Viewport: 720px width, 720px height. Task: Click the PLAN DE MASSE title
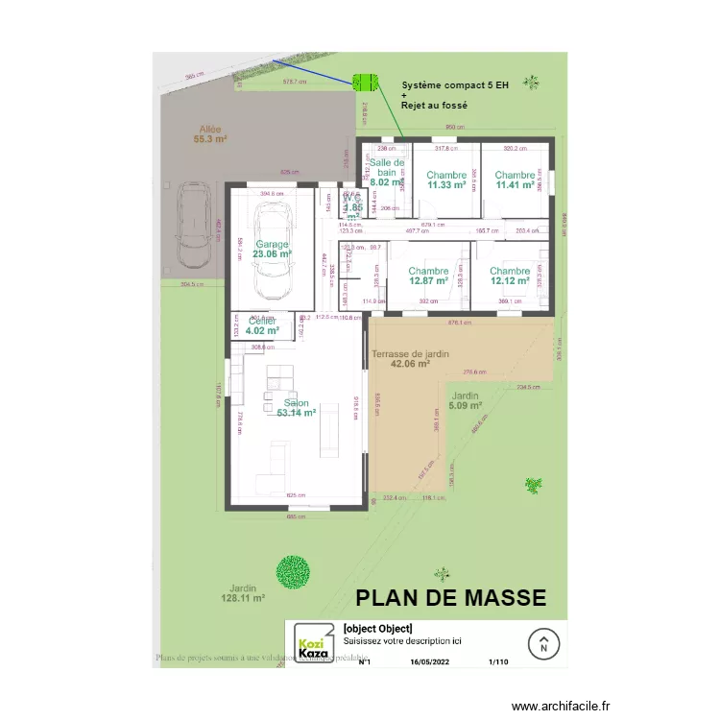pyautogui.click(x=450, y=598)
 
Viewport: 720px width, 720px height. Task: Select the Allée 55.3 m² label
pyautogui.click(x=210, y=133)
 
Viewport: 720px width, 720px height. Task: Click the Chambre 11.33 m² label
pyautogui.click(x=446, y=180)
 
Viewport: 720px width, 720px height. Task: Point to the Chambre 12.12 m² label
pyautogui.click(x=510, y=276)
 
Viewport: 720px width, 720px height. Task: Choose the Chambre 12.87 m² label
pyautogui.click(x=428, y=276)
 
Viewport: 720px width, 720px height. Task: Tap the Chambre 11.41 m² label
pyautogui.click(x=515, y=180)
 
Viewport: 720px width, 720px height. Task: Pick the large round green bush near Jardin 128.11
pyautogui.click(x=293, y=573)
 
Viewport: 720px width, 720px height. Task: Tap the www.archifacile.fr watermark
pyautogui.click(x=561, y=706)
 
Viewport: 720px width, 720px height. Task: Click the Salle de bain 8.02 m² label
pyautogui.click(x=388, y=173)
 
